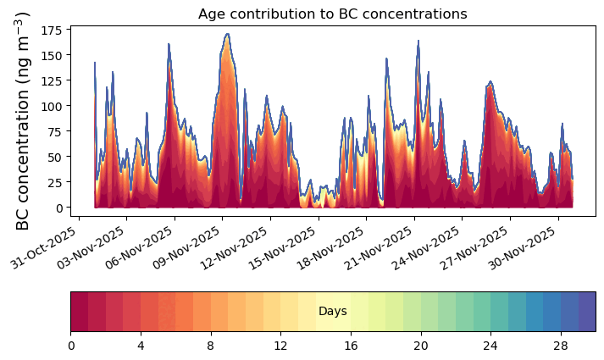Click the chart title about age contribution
point(332,14)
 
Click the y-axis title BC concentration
point(23,121)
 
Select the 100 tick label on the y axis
point(53,106)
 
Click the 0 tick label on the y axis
point(60,208)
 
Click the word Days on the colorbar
point(332,311)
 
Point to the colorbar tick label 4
point(141,346)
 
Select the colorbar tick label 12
point(280,346)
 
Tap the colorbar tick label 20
point(421,346)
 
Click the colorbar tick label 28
point(561,346)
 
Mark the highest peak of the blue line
point(227,34)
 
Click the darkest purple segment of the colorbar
point(587,311)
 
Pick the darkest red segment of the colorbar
point(80,311)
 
